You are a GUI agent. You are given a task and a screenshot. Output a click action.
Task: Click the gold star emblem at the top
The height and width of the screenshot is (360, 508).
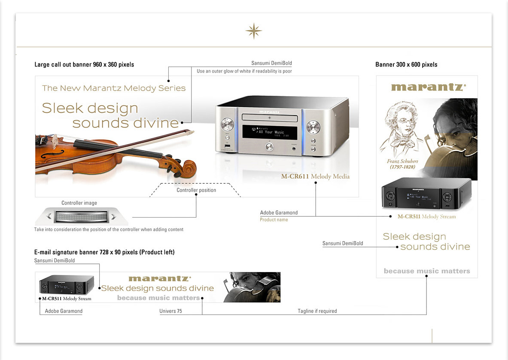pyautogui.click(x=253, y=31)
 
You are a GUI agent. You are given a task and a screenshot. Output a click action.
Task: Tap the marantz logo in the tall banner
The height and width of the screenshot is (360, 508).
pyautogui.click(x=428, y=87)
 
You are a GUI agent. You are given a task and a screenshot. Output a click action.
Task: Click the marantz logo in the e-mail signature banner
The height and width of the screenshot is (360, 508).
pyautogui.click(x=160, y=279)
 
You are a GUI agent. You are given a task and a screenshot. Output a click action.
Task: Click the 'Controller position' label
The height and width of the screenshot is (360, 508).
pyautogui.click(x=196, y=190)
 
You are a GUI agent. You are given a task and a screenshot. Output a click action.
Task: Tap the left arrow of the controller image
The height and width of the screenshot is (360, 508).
pyautogui.click(x=49, y=217)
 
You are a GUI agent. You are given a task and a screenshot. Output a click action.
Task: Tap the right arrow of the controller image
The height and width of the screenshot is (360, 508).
pyautogui.click(x=113, y=217)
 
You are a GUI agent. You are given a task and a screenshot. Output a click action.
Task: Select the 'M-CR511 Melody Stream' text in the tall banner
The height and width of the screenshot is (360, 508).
pyautogui.click(x=426, y=217)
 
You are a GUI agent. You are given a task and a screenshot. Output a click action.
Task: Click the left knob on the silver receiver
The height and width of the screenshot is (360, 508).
pyautogui.click(x=227, y=125)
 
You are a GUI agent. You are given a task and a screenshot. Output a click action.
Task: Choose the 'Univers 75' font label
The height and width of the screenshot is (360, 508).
pyautogui.click(x=170, y=311)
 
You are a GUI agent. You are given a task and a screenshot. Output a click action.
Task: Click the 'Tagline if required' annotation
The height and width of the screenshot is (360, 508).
pyautogui.click(x=317, y=311)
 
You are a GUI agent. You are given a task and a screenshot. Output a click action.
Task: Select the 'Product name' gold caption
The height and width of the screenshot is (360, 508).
pyautogui.click(x=274, y=220)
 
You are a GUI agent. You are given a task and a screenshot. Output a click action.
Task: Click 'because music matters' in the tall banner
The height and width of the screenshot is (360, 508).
pyautogui.click(x=427, y=271)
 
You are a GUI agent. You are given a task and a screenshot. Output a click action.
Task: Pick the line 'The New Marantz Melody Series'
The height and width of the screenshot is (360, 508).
pyautogui.click(x=114, y=88)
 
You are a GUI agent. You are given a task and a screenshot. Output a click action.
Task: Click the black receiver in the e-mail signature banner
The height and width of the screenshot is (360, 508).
pyautogui.click(x=67, y=284)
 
